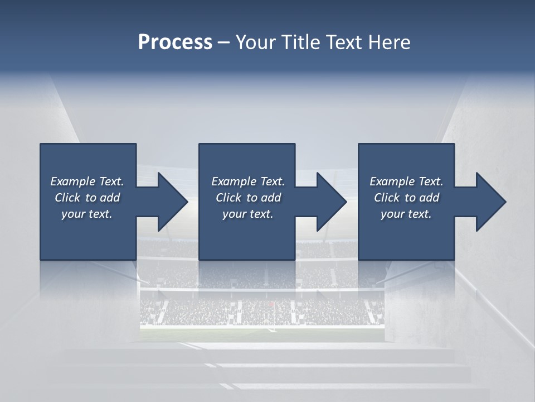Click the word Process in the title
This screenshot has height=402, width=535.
[x=175, y=42]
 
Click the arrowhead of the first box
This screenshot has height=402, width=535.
[x=168, y=202]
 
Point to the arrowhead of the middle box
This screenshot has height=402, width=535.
[x=327, y=202]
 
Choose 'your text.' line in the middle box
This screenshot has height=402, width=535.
[x=248, y=214]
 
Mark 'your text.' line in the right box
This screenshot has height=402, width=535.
[x=406, y=214]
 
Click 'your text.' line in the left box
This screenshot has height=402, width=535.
[x=87, y=214]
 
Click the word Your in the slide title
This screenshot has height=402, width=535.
[x=255, y=42]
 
